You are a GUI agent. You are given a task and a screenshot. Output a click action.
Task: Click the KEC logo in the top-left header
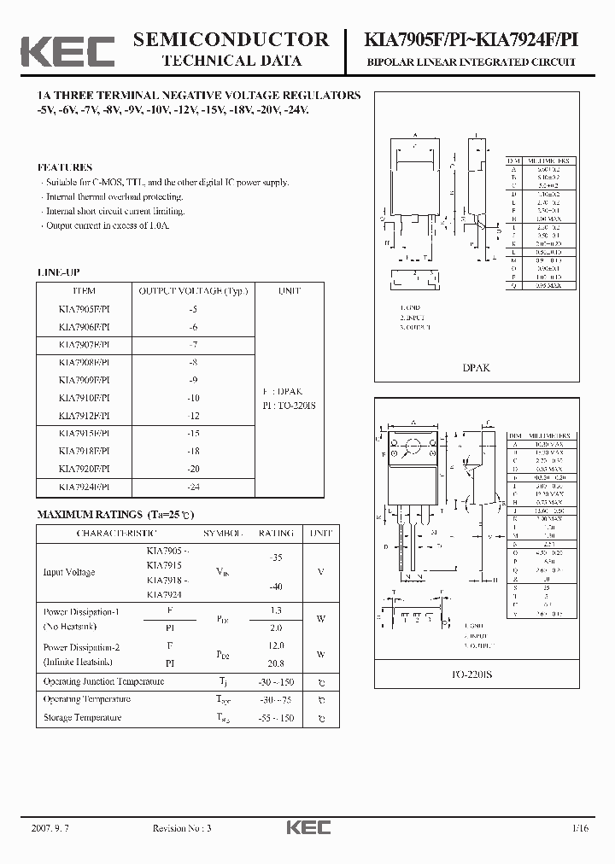67,50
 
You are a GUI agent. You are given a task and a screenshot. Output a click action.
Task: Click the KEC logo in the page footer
307,827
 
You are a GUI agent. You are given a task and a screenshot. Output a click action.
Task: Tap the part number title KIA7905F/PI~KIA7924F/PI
471,39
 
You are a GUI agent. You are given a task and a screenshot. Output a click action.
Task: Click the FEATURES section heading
65,167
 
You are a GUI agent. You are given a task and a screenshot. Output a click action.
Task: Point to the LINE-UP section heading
59,271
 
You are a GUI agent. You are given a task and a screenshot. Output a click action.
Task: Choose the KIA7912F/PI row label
85,416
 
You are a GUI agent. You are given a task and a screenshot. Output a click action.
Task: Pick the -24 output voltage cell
193,487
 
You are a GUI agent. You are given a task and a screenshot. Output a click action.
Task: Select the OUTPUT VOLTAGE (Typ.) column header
193,291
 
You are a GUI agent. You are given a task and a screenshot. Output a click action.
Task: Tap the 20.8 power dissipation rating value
276,663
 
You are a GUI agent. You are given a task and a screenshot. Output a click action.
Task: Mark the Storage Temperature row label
83,718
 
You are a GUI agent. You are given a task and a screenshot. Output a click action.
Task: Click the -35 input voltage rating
276,557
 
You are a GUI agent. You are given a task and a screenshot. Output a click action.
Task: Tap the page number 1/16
581,827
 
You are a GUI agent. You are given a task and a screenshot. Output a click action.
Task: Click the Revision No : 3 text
181,827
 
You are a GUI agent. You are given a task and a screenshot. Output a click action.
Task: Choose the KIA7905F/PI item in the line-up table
85,309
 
